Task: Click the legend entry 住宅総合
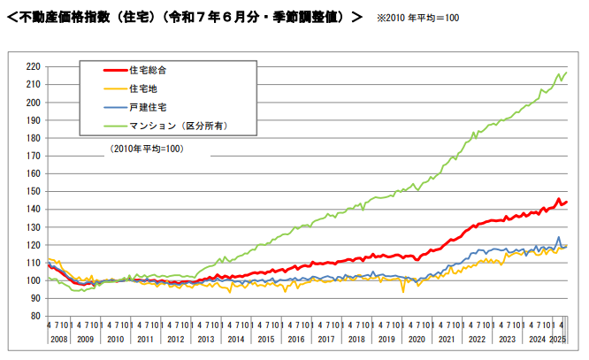(x=148, y=69)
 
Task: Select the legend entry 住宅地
(x=143, y=88)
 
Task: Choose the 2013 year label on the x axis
(x=204, y=339)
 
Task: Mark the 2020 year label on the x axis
(x=416, y=339)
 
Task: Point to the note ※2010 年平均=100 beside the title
(x=418, y=18)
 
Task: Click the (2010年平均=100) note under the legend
(x=146, y=149)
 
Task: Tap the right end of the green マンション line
(x=567, y=72)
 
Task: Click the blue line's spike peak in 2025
(x=558, y=237)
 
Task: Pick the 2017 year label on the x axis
(x=325, y=339)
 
